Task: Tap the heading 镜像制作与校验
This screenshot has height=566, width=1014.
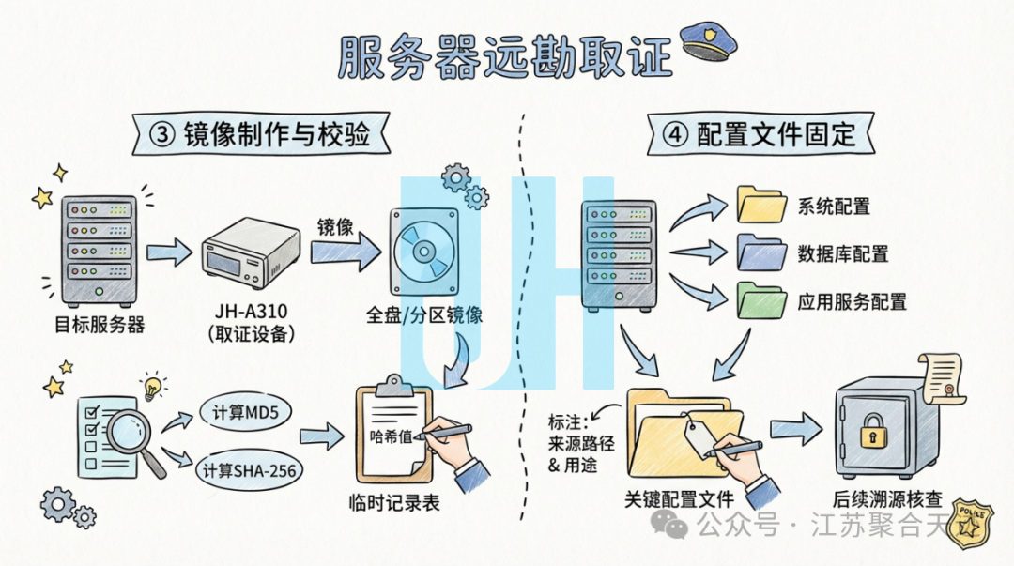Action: pos(272,133)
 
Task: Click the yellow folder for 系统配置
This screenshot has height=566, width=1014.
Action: pos(760,204)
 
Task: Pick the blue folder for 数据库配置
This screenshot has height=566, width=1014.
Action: pos(760,252)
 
